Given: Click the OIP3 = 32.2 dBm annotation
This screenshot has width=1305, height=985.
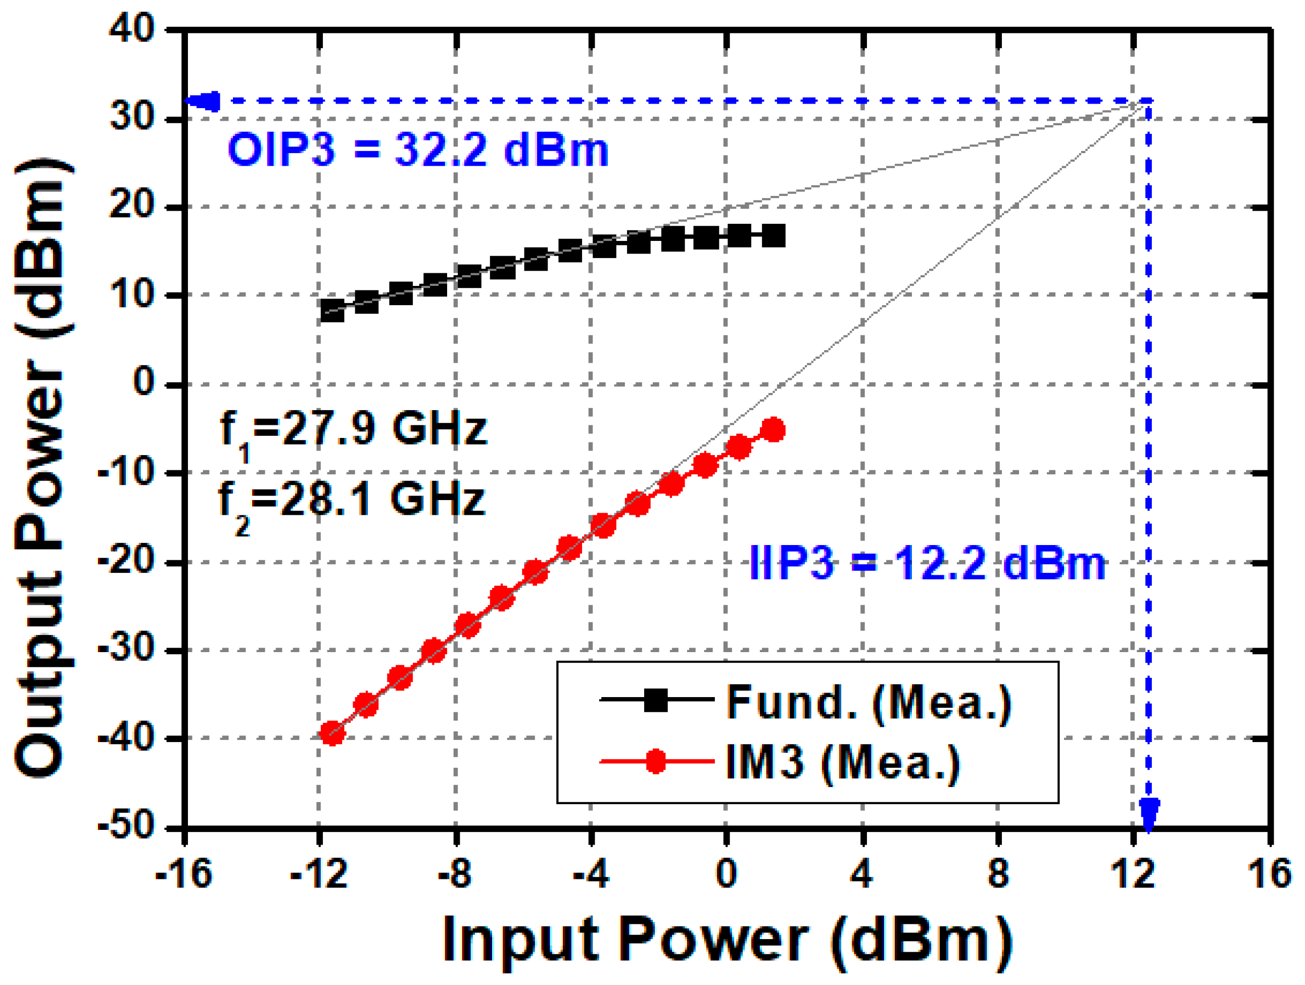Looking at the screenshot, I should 418,150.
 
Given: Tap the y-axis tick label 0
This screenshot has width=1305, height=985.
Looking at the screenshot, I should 144,383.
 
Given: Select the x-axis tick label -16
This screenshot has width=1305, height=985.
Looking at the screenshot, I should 183,873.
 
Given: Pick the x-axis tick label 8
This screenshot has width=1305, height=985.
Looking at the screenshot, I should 998,873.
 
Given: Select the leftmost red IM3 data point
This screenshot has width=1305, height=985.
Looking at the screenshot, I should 332,733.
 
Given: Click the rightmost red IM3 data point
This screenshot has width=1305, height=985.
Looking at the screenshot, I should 774,430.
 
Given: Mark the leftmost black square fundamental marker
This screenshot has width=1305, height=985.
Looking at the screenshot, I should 332,310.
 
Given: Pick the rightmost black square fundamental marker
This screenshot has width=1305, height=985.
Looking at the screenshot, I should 774,236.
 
